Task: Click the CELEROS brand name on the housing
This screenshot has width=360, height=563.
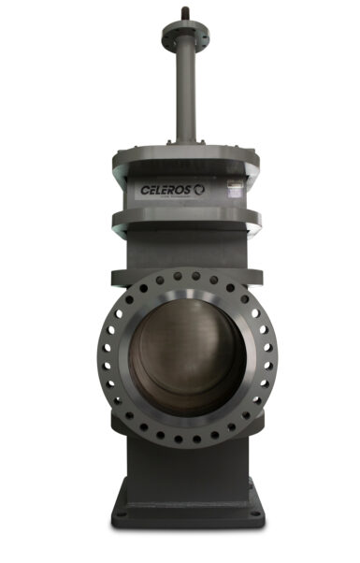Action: [x=166, y=188]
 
